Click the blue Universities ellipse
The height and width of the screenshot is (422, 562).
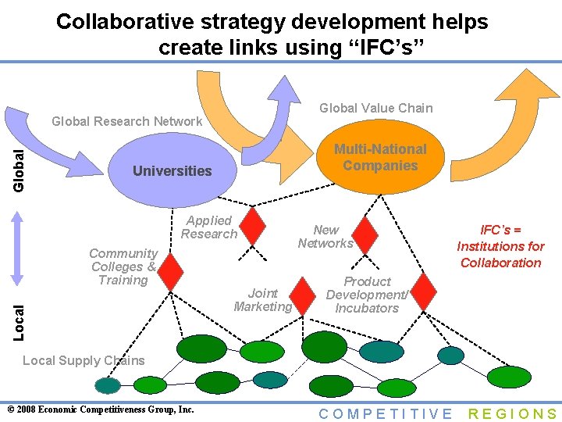[x=173, y=170]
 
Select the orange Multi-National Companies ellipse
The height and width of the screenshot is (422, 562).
[x=380, y=158]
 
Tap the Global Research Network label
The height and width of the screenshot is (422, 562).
[x=126, y=121]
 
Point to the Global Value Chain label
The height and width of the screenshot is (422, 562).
[x=376, y=108]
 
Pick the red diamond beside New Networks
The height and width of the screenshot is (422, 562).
[x=364, y=234]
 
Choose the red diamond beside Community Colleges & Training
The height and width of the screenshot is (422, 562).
[x=170, y=269]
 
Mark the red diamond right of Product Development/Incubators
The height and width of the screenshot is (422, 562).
[x=423, y=291]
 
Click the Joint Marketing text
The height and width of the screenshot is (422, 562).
[x=263, y=300]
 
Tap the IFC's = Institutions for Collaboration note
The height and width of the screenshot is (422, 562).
[x=500, y=246]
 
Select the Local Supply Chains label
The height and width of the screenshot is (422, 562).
[x=84, y=360]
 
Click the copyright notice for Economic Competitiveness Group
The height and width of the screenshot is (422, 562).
[x=100, y=409]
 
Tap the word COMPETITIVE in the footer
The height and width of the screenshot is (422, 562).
[x=386, y=414]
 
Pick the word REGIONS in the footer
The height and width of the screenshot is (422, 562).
[x=513, y=414]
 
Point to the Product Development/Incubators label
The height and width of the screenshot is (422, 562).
[x=367, y=295]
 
